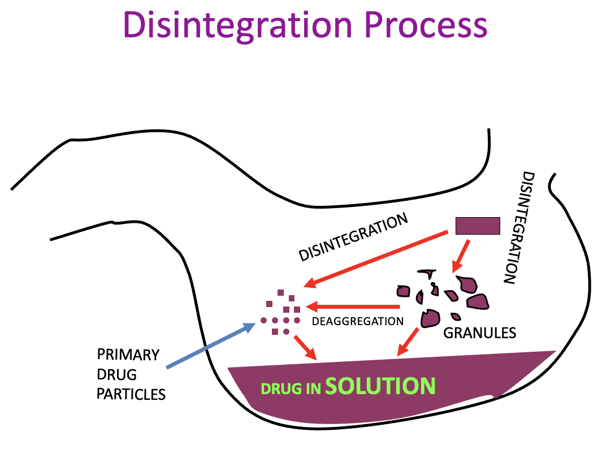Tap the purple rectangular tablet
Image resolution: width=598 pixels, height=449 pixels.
tap(478, 226)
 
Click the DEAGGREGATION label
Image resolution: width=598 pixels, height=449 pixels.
tap(357, 321)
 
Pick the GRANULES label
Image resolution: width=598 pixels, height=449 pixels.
tap(479, 333)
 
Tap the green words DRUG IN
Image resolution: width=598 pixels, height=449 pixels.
tap(291, 388)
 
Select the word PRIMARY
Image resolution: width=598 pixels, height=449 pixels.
tap(128, 355)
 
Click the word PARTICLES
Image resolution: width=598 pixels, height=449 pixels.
tap(131, 394)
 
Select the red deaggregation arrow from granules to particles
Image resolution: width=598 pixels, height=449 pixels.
tap(353, 308)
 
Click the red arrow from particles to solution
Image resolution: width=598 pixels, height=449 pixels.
tap(304, 347)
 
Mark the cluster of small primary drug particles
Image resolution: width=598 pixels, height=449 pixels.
tap(281, 314)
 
